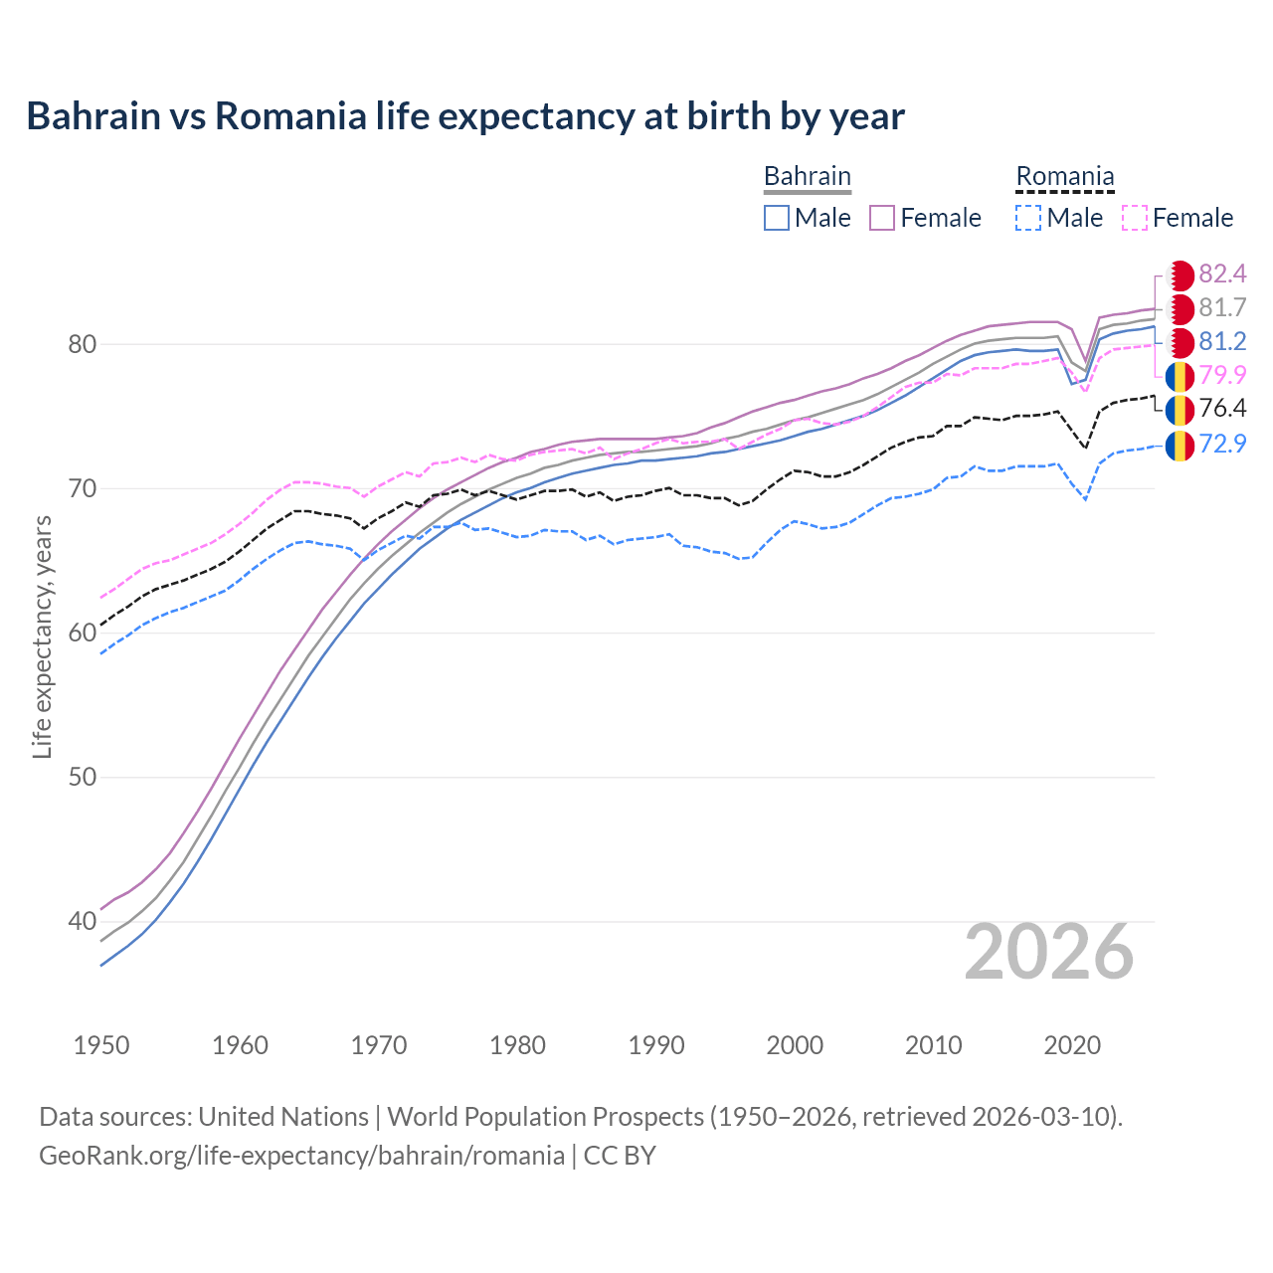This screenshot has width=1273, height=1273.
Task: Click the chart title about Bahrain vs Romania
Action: point(465,116)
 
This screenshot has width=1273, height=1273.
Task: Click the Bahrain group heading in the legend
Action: point(807,177)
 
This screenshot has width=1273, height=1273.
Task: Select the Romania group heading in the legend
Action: point(1064,177)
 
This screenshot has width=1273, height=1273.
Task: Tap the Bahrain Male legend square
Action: point(777,218)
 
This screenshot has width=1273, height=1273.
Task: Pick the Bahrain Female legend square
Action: point(883,218)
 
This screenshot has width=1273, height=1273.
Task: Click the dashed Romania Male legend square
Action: point(1029,218)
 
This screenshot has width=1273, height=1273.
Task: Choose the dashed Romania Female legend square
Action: point(1135,218)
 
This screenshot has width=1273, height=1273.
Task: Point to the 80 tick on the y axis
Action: point(82,345)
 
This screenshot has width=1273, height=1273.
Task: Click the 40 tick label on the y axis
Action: point(82,922)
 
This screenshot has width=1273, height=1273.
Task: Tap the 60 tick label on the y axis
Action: point(82,634)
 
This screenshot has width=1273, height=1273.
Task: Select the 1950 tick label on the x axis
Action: point(101,1045)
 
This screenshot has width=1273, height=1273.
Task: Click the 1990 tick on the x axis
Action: point(656,1045)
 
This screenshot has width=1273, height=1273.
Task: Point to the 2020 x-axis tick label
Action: point(1072,1045)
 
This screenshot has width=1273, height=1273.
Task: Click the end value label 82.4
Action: point(1222,274)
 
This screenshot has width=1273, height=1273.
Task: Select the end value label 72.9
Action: point(1222,444)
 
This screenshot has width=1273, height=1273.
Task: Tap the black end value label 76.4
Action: point(1222,409)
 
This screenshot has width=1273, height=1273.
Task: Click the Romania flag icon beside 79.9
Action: point(1180,376)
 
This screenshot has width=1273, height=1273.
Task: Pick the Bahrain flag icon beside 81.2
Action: point(1180,343)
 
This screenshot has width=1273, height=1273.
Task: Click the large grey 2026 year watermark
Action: point(1048,953)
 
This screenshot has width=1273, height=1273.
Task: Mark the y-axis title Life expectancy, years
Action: point(43,636)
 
